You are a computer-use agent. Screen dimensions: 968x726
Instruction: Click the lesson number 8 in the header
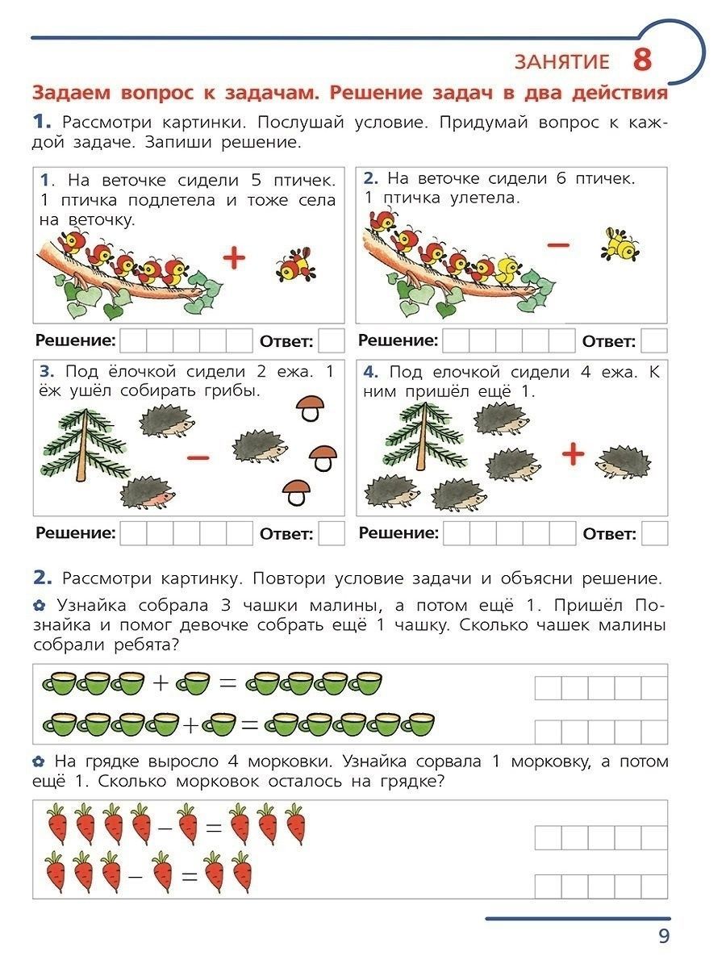(x=641, y=60)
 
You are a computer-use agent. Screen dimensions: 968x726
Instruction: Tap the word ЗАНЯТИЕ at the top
(x=561, y=62)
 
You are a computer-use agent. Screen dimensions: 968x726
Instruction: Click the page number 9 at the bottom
(x=663, y=936)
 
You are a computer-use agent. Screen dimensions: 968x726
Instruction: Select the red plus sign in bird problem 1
(x=233, y=258)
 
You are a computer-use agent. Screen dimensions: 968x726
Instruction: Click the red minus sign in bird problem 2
(x=557, y=243)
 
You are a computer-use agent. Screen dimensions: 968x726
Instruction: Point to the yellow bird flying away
(x=620, y=244)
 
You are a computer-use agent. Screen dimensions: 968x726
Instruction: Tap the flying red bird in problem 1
(x=295, y=262)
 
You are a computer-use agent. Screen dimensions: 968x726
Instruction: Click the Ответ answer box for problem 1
(x=331, y=340)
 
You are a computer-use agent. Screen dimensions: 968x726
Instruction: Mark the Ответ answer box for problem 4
(x=654, y=533)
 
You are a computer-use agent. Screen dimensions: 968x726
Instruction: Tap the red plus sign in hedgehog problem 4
(x=573, y=454)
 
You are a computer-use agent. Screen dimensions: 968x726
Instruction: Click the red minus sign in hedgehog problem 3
(x=198, y=457)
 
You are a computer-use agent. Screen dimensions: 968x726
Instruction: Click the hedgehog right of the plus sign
(x=624, y=461)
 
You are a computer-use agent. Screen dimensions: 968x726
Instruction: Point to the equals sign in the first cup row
(x=228, y=682)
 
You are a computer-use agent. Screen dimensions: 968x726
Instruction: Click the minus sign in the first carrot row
(x=165, y=826)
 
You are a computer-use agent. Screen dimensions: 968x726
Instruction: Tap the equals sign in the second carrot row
(x=190, y=874)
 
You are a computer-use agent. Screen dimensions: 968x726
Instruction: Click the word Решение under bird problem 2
(x=398, y=340)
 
